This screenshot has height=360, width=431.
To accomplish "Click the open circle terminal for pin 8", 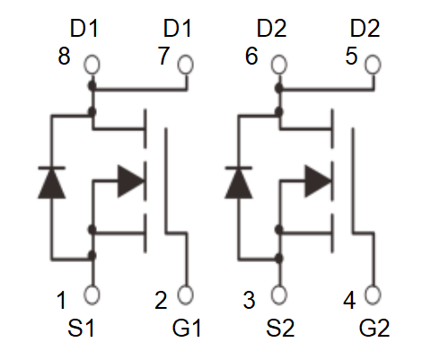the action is tap(92, 65).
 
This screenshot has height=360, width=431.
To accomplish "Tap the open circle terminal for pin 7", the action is tap(185, 65).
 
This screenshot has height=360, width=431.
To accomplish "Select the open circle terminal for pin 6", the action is tap(279, 65).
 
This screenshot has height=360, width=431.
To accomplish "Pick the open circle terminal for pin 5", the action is tap(373, 65).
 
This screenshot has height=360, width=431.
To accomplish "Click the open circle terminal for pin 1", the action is tap(92, 294).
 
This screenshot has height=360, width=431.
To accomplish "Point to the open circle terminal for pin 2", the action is tap(185, 294).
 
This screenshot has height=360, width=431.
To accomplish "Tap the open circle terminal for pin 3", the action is tap(279, 294).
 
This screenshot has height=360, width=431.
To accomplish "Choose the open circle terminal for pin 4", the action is tap(373, 294).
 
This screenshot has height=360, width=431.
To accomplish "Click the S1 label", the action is tap(81, 328).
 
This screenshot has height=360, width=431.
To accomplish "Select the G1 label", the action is tap(186, 328).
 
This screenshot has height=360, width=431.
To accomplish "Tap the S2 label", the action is tap(280, 328).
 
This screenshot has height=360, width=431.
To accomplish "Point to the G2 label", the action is tap(374, 328).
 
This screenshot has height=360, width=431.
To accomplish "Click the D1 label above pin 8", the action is tap(84, 29).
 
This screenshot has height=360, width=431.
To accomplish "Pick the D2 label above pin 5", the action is tap(365, 29).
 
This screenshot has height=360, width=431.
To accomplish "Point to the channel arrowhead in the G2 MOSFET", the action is tap(318, 181).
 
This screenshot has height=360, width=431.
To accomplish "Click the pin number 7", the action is tap(163, 56).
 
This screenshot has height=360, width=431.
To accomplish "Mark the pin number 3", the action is tap(249, 300).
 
